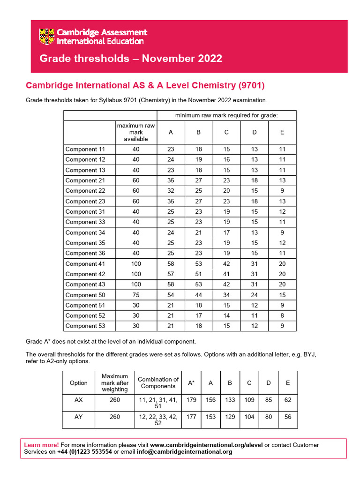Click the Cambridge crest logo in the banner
point(47,37)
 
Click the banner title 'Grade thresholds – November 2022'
point(131,59)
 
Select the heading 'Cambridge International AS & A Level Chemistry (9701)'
point(145,85)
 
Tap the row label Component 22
point(85,191)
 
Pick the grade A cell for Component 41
point(171,264)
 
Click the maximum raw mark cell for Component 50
point(135,295)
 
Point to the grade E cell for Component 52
point(282,316)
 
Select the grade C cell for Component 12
point(226,160)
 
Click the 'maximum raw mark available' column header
point(135,132)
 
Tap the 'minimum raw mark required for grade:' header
point(226,115)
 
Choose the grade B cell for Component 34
point(198,232)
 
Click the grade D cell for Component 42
point(254,274)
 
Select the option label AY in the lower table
point(78,417)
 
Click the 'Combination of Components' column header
point(158,382)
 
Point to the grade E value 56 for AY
point(288,417)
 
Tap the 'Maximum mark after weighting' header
point(114,382)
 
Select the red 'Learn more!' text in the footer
point(41,445)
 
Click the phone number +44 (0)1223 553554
point(84,452)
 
